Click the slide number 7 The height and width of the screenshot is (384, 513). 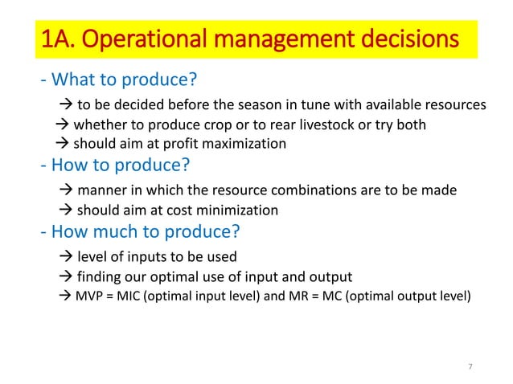click(470, 367)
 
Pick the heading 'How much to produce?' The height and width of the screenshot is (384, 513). click(140, 233)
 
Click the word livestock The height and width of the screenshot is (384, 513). click(319, 125)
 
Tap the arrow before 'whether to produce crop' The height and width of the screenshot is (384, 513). click(63, 125)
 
